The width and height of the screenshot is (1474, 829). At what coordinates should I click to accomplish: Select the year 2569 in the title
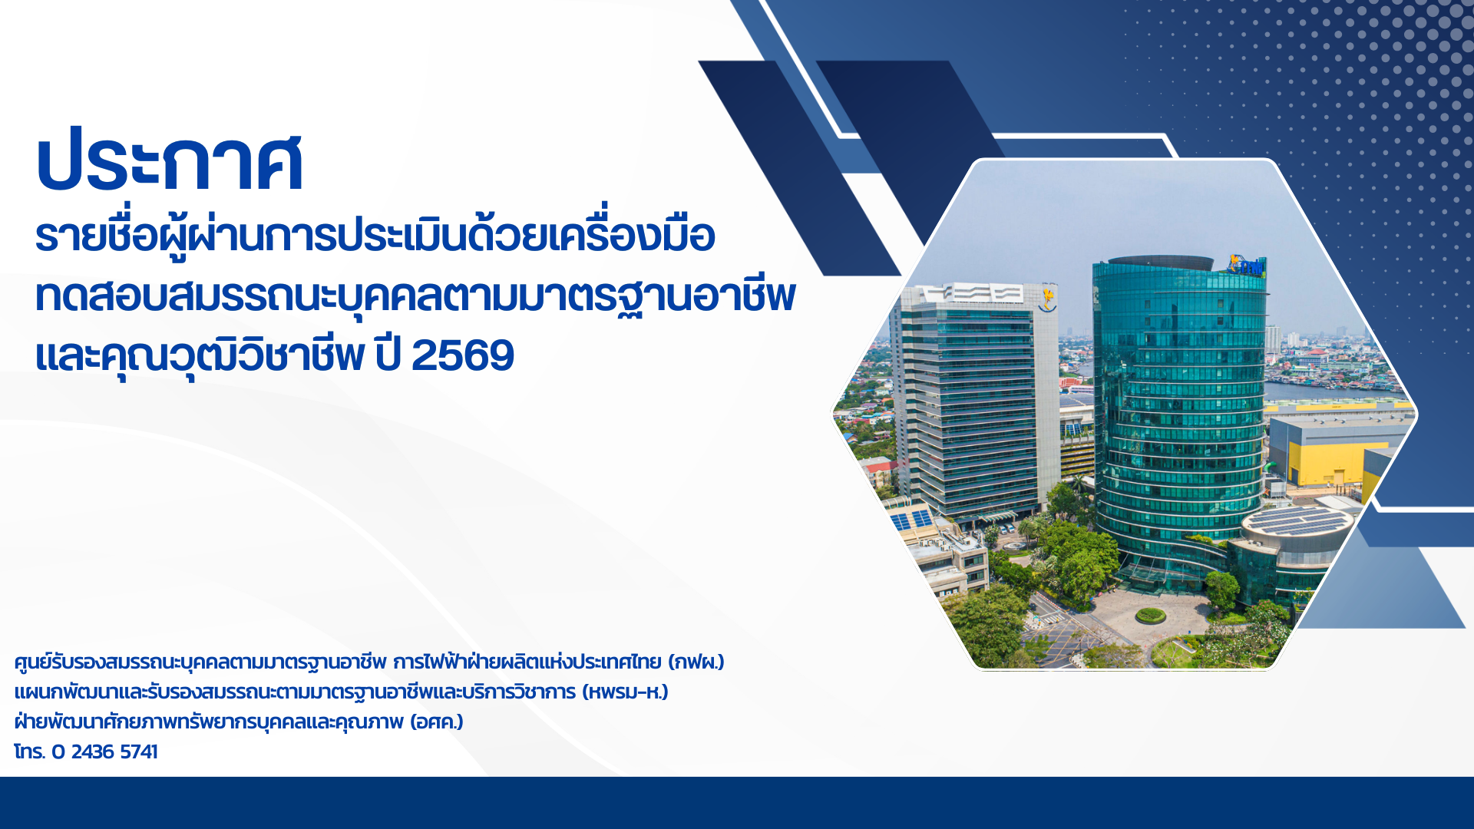(463, 355)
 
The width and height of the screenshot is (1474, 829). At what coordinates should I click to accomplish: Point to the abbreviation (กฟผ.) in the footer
(696, 662)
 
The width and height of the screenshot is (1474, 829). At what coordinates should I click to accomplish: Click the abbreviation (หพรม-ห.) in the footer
(625, 692)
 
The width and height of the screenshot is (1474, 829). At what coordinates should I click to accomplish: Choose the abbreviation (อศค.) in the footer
(436, 722)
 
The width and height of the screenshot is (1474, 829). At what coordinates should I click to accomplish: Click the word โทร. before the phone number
(29, 751)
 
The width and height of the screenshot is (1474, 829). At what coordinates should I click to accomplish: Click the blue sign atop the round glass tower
(1246, 266)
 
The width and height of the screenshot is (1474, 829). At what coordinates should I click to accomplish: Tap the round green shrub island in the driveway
(1150, 615)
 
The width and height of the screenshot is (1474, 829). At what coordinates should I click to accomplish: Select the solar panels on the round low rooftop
(1297, 520)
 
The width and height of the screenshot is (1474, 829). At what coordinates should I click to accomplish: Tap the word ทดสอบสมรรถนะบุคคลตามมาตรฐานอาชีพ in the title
(415, 296)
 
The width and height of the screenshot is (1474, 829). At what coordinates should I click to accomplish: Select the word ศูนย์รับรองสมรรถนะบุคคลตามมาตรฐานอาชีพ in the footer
(200, 662)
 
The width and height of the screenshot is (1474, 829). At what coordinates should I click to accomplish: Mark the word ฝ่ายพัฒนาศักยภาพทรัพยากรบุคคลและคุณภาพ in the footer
(209, 722)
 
